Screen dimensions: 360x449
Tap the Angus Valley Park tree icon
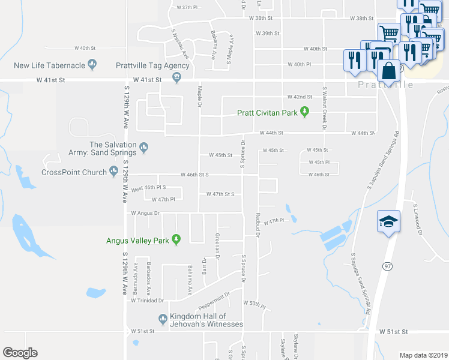[176, 241]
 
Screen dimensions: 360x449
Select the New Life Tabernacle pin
[92, 64]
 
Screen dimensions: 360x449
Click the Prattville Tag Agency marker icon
[176, 76]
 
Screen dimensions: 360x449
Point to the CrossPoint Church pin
[113, 172]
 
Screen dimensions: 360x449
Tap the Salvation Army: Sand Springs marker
[143, 146]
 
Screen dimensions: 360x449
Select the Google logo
[20, 353]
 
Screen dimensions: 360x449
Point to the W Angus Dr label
[145, 213]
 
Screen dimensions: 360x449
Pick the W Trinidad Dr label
[148, 300]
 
